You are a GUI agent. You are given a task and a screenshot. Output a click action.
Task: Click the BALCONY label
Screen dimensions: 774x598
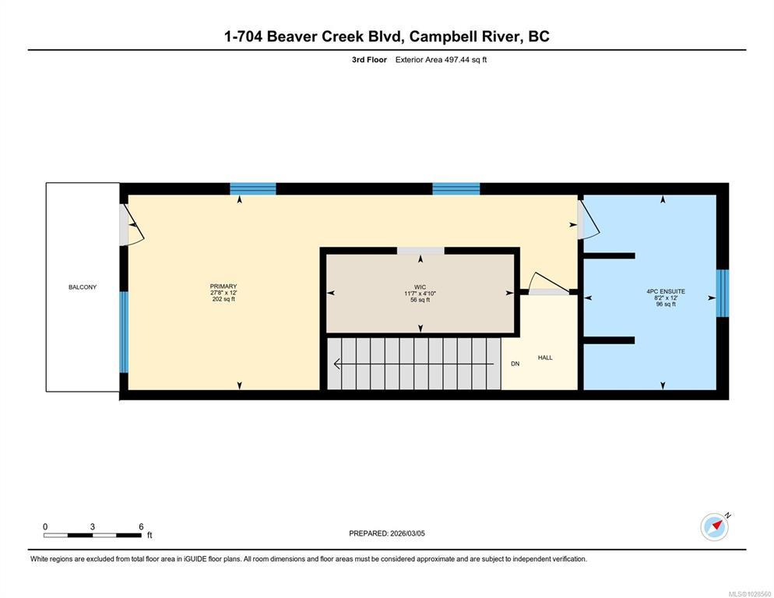[83, 287]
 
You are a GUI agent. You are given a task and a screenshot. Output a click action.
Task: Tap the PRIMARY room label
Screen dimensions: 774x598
[223, 287]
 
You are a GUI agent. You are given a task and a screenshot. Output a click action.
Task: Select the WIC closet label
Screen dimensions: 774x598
[420, 287]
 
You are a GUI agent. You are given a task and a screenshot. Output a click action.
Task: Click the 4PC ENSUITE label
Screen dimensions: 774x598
[666, 291]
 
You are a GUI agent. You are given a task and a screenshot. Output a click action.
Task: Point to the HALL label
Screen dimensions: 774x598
[545, 357]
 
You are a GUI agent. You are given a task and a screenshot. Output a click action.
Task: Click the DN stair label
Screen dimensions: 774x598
[515, 364]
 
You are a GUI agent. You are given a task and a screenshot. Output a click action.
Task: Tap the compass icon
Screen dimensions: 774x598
[715, 527]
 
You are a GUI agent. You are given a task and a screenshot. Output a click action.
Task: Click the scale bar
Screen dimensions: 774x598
[93, 535]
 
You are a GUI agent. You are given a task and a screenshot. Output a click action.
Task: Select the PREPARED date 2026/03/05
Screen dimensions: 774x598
[408, 533]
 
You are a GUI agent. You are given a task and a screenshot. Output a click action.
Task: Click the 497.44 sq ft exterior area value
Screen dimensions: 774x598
[466, 60]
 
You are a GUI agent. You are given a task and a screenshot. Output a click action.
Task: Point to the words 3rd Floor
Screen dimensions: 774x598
[369, 60]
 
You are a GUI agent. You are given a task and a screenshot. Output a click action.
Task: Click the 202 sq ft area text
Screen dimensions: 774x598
[223, 299]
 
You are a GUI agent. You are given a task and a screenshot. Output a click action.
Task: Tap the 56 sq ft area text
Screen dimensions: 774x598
[420, 300]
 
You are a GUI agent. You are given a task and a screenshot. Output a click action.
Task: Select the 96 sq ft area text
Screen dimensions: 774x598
[666, 304]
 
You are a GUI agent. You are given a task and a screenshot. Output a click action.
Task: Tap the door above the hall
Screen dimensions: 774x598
[548, 283]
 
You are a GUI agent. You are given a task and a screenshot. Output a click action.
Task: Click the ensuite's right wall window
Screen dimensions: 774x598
[722, 293]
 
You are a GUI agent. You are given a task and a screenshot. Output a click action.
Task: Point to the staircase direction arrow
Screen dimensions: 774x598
[413, 364]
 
